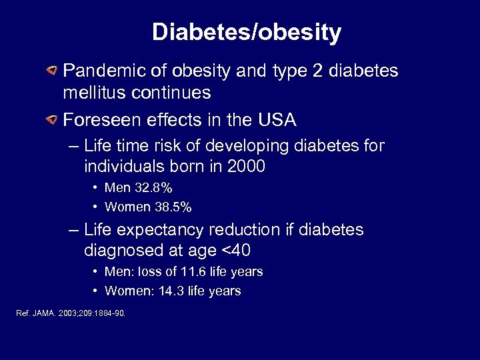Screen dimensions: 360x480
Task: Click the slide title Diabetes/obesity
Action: click(x=247, y=32)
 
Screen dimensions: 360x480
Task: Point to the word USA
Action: click(x=277, y=120)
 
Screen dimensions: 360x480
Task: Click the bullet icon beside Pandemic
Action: click(x=51, y=70)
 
